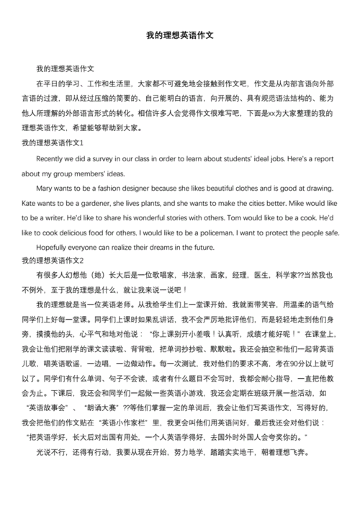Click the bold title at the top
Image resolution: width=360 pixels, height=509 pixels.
click(x=180, y=34)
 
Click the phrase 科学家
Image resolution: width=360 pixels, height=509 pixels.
click(x=288, y=275)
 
